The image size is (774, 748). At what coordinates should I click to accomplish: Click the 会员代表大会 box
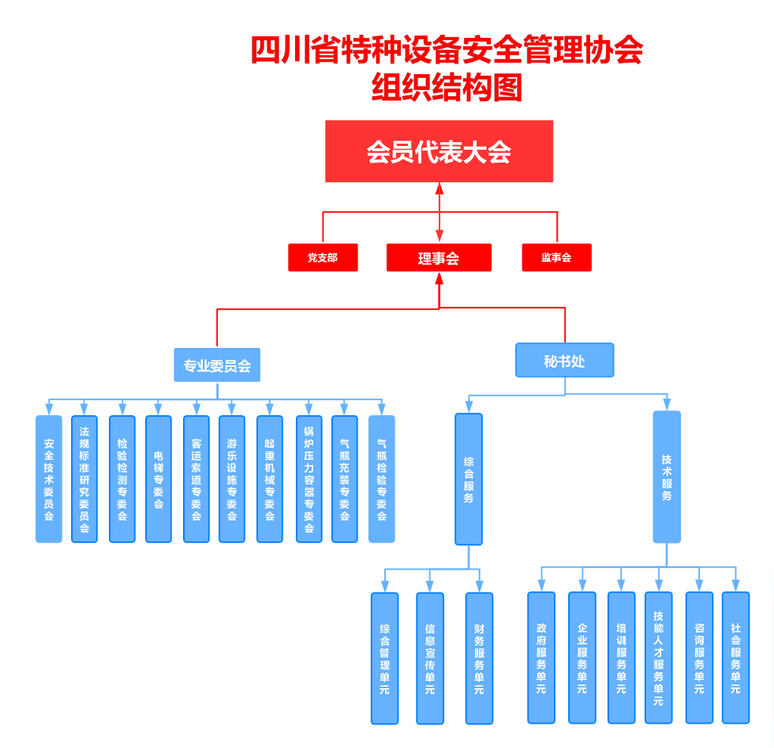(439, 151)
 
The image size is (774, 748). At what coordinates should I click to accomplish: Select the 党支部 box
(323, 257)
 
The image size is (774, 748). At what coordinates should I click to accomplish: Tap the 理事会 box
(439, 257)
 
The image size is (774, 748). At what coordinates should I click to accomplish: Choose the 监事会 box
(556, 257)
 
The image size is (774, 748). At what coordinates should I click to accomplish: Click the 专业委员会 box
(217, 366)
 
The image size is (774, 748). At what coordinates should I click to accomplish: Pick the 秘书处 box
(565, 361)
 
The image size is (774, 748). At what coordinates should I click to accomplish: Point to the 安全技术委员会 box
(49, 479)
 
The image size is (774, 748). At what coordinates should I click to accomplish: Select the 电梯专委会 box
(159, 479)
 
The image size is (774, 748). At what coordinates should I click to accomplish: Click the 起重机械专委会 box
(270, 479)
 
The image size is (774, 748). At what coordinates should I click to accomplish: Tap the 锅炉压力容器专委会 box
(309, 479)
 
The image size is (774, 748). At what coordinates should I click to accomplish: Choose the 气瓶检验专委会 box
(382, 479)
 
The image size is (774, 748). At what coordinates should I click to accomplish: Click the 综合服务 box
(469, 479)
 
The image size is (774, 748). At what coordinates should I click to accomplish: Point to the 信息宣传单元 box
(430, 658)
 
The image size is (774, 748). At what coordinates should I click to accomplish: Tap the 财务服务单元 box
(479, 658)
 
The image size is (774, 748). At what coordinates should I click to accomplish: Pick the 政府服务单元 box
(541, 658)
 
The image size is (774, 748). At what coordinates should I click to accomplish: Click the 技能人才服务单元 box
(659, 658)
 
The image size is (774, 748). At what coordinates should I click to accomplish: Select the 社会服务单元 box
(735, 658)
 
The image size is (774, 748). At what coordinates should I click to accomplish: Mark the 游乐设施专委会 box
(232, 479)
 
